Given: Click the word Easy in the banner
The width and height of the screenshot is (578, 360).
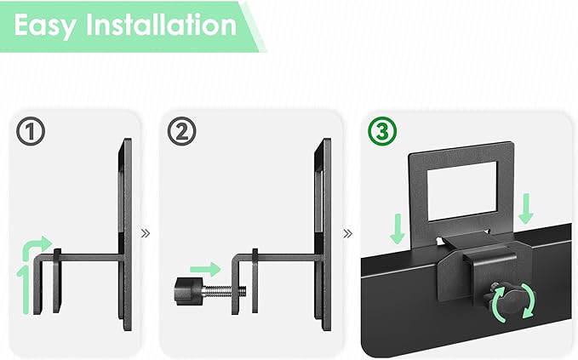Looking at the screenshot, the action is (x=45, y=26).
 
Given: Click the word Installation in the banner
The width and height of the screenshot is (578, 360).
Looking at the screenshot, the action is (x=162, y=25).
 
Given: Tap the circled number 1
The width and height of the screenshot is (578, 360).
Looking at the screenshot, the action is (x=31, y=131).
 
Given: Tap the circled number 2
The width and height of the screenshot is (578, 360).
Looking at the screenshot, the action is (x=181, y=131).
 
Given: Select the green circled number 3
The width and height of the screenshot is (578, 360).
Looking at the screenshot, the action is (x=382, y=131).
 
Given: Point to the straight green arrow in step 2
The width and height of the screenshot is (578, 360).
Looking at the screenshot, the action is (x=205, y=269).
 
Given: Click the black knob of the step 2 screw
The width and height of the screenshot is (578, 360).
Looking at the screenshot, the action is (x=188, y=291).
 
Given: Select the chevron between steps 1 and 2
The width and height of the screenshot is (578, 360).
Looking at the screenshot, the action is (x=146, y=233).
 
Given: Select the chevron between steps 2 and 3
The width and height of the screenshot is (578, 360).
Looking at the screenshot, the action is (x=347, y=233).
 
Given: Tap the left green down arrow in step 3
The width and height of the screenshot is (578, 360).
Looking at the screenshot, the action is (x=398, y=229).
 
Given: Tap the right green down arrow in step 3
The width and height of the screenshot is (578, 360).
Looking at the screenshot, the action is (x=526, y=209).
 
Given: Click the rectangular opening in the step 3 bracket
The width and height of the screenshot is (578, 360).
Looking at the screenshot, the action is (x=462, y=191).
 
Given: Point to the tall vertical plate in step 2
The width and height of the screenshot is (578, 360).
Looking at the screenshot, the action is (x=323, y=234).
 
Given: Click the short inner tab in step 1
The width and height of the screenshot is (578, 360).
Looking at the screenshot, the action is (x=57, y=281).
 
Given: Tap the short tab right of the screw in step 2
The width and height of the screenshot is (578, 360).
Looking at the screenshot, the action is (x=255, y=281).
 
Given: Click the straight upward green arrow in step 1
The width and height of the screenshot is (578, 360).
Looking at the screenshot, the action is (x=25, y=289).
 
